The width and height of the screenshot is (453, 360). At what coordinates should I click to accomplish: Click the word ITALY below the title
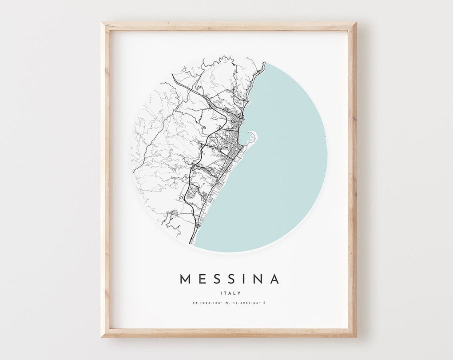(x=230, y=293)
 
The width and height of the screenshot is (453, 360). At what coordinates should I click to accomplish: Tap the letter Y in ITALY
(x=239, y=293)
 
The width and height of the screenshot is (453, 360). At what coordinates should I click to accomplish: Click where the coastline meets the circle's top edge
(x=265, y=63)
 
